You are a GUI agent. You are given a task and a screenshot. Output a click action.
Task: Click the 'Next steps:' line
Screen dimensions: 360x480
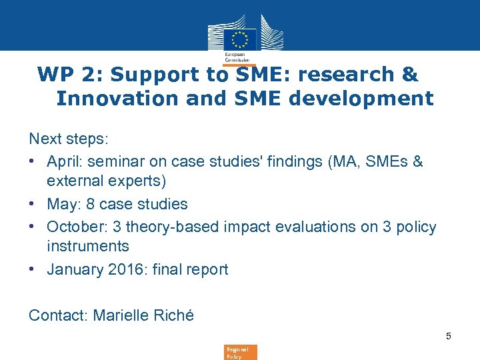69,139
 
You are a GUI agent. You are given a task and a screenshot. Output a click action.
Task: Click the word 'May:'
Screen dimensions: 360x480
65,204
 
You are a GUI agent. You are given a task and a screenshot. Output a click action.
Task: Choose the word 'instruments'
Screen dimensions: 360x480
88,246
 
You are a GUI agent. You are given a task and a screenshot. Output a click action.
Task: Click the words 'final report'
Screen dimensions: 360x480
193,269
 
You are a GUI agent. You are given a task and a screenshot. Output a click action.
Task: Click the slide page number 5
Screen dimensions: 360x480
449,336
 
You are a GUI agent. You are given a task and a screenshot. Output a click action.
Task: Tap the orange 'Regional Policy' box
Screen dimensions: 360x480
240,352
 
